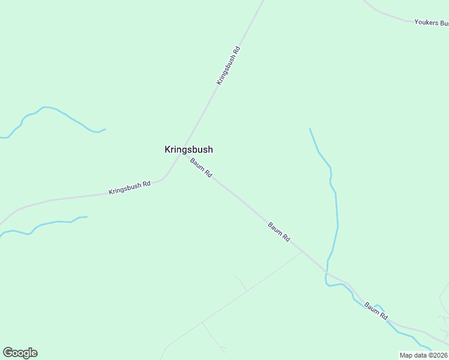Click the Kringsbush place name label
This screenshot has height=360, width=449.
(x=188, y=149)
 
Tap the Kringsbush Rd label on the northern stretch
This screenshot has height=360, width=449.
(x=229, y=65)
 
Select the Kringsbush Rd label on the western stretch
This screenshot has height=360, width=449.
(x=129, y=188)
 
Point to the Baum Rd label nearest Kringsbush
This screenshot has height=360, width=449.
(x=201, y=167)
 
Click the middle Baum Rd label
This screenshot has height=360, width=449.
(x=279, y=232)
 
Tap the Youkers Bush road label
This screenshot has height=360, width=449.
(x=431, y=23)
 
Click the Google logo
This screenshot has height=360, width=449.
(x=20, y=353)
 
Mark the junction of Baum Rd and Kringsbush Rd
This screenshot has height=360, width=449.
(x=184, y=154)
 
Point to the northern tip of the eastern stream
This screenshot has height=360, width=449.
(x=310, y=129)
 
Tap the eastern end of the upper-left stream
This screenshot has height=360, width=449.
(x=106, y=129)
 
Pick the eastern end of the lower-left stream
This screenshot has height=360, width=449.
(x=87, y=217)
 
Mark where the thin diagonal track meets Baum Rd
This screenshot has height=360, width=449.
(x=301, y=253)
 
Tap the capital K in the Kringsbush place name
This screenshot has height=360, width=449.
(x=168, y=149)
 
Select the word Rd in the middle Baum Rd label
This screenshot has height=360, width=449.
(x=286, y=238)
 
